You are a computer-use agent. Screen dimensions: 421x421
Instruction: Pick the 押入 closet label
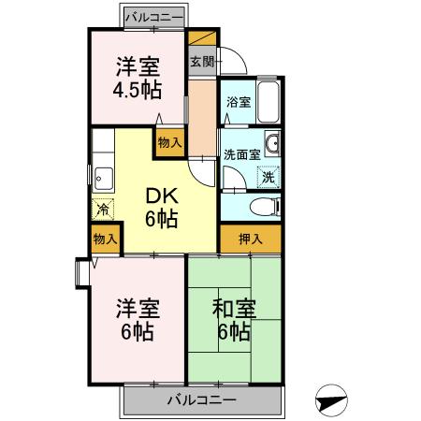click(250, 240)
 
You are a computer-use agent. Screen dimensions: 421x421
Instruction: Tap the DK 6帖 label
click(161, 208)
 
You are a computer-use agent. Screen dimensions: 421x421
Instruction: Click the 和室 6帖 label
click(233, 319)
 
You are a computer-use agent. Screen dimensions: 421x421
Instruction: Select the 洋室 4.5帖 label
click(137, 79)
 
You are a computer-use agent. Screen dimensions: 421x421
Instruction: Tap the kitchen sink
click(104, 177)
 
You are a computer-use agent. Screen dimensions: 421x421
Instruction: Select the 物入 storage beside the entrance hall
click(169, 142)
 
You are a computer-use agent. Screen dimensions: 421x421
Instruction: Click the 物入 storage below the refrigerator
click(105, 240)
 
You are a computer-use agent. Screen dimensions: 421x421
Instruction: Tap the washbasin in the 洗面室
click(271, 144)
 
